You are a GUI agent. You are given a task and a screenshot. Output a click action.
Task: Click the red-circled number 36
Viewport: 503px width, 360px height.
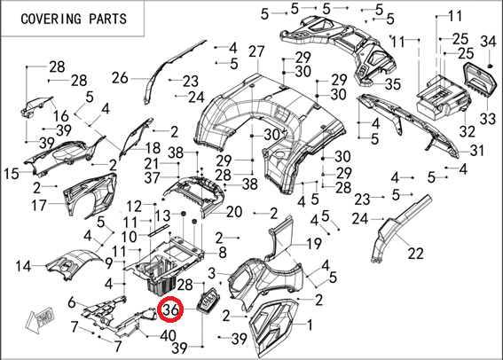(x=170, y=309)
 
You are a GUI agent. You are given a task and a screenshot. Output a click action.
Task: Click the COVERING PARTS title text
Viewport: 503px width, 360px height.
(x=74, y=19)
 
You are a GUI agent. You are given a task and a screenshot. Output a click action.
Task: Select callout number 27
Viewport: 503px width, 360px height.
(x=256, y=51)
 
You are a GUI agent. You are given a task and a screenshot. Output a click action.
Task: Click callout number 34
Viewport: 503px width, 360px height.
(x=488, y=42)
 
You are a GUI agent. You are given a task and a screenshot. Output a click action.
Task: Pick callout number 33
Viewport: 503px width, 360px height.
(x=488, y=119)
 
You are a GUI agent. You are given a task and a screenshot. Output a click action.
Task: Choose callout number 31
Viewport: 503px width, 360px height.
(x=476, y=150)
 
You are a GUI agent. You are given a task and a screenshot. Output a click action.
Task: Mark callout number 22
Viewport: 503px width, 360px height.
(x=416, y=254)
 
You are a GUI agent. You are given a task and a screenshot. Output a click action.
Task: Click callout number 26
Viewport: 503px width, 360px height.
(x=120, y=78)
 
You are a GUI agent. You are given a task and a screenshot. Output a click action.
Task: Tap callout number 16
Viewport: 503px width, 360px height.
(x=61, y=116)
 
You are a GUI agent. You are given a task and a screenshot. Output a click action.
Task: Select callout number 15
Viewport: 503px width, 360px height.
(x=12, y=174)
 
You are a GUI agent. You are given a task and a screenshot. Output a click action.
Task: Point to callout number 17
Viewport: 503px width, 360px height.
(x=39, y=205)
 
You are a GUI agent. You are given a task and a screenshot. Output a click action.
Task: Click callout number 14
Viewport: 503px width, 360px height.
(x=23, y=266)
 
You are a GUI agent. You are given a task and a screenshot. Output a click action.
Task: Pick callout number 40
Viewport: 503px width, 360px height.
(x=168, y=335)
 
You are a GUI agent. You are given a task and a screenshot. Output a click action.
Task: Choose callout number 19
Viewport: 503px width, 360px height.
(x=314, y=244)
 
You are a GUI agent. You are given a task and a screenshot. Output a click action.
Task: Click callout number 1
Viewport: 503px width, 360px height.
(x=310, y=325)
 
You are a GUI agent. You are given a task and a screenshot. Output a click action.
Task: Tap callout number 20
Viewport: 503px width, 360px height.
(x=234, y=212)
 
